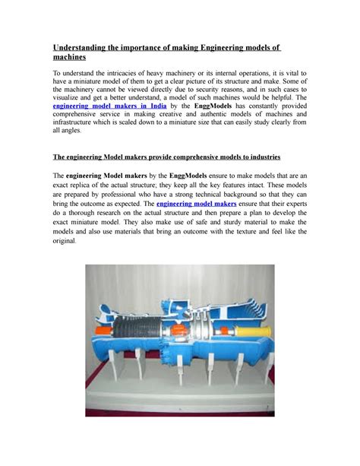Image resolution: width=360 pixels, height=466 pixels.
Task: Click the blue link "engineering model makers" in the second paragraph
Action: tap(194, 204)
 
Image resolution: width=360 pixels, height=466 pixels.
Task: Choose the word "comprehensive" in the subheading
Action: tap(176, 157)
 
